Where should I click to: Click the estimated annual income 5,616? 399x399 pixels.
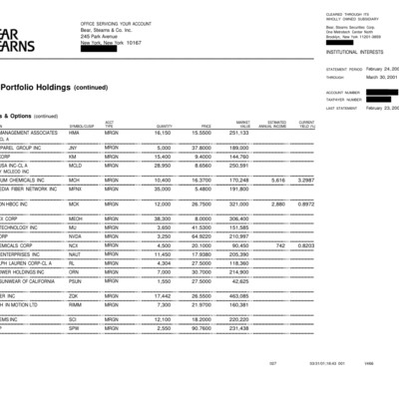pos(278,180)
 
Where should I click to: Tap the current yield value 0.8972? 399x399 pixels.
pos(306,203)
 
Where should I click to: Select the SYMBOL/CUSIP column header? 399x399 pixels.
pos(82,126)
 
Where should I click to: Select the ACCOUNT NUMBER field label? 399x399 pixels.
pos(341,92)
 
